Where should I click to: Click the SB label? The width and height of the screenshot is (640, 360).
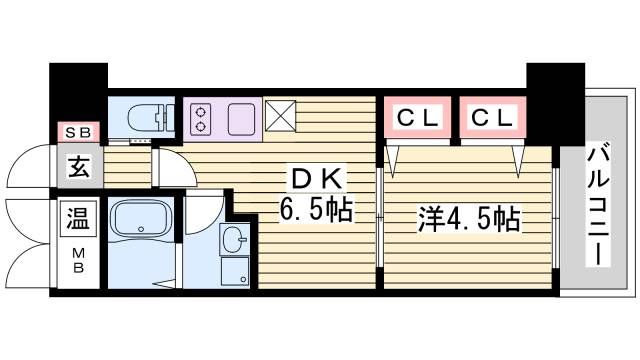[x=78, y=132]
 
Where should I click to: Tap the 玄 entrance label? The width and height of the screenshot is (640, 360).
[x=79, y=167]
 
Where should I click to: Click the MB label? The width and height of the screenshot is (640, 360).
[x=78, y=261]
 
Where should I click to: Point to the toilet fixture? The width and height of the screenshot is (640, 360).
[x=151, y=117]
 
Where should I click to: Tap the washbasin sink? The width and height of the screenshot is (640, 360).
[x=234, y=238]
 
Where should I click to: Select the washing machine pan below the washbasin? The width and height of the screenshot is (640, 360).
[x=235, y=271]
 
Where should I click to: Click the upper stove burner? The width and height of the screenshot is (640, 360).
[x=200, y=111]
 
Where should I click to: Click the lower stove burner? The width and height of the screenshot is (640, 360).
[x=200, y=127]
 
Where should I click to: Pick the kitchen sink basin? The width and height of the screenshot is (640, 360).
[x=241, y=119]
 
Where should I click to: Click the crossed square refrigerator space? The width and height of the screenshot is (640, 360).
[x=280, y=116]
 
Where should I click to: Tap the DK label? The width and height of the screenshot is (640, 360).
[x=317, y=179]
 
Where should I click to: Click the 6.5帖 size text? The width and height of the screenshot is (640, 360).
[x=316, y=209]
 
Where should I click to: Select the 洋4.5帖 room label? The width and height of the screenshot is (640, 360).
[x=469, y=219]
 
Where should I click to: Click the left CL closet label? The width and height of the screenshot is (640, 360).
[x=418, y=118]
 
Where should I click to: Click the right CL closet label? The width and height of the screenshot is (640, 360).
[x=492, y=118]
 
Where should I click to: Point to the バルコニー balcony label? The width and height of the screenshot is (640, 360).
[x=598, y=204]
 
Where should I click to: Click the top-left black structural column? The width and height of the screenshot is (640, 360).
[x=78, y=93]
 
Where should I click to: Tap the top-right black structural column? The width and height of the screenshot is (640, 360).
[x=556, y=104]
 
